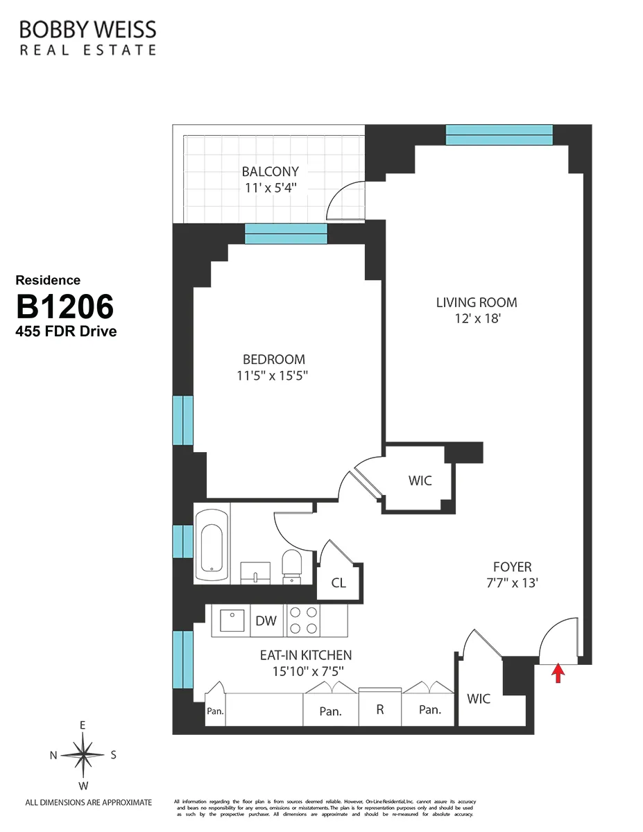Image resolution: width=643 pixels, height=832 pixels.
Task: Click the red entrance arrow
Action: click(558, 673)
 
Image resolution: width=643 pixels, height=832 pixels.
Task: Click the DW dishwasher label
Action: click(266, 621)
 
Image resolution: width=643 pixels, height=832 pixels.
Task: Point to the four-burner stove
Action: click(304, 621)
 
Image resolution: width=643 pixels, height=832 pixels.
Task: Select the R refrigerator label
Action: click(379, 710)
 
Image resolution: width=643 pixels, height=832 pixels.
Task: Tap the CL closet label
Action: click(338, 583)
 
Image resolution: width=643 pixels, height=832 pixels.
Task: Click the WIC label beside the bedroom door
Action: click(420, 480)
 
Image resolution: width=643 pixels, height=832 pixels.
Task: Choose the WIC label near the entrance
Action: click(478, 699)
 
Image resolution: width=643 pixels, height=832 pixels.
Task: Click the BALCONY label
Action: click(270, 171)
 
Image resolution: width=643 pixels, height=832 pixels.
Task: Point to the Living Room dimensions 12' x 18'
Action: click(476, 319)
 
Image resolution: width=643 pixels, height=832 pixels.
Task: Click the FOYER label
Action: click(512, 567)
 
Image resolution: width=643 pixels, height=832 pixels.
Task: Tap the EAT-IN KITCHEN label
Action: click(305, 655)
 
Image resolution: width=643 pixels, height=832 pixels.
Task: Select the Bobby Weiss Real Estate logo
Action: click(87, 37)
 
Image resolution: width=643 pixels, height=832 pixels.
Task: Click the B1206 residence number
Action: click(65, 306)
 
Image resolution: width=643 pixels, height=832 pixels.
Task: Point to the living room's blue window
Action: click(499, 135)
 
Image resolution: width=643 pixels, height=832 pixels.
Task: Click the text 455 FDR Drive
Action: click(66, 331)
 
